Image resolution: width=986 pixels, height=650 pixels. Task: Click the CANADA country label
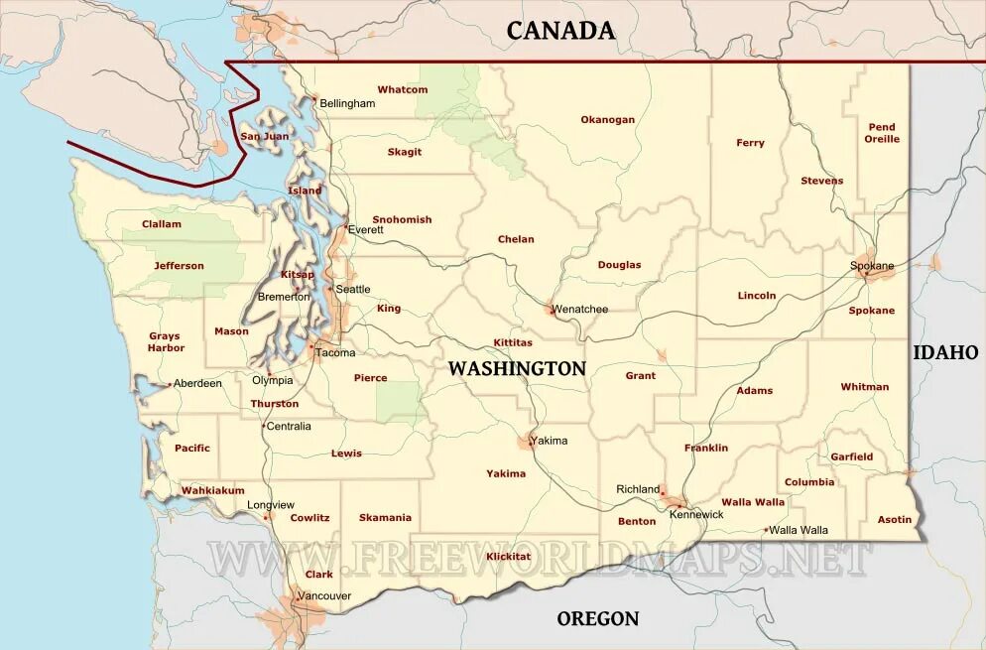(x=560, y=31)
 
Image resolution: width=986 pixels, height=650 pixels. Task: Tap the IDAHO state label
(x=945, y=352)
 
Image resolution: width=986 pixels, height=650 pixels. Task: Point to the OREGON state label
(x=597, y=618)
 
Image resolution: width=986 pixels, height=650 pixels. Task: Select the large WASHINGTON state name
(x=517, y=368)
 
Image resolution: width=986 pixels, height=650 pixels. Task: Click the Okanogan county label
(x=607, y=120)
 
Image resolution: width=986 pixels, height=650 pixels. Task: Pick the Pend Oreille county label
(x=882, y=133)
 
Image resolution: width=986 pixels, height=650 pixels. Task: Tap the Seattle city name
(x=353, y=290)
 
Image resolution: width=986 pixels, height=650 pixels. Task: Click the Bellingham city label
(x=347, y=103)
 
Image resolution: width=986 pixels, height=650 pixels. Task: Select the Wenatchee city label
(x=580, y=310)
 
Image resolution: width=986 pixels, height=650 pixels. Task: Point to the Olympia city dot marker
(x=269, y=374)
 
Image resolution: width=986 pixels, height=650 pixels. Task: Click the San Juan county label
(x=265, y=136)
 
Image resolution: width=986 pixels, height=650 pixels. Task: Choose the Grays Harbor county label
(x=166, y=342)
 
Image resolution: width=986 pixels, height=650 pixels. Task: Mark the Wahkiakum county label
(x=212, y=490)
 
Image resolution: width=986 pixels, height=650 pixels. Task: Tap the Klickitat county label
(x=509, y=557)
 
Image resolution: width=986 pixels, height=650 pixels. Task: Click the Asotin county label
(x=894, y=520)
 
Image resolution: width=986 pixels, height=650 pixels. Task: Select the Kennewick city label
(x=696, y=515)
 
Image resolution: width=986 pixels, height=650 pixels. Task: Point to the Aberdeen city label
(x=198, y=383)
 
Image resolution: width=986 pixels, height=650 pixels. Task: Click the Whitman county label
(x=864, y=387)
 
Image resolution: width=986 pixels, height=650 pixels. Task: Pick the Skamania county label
(x=385, y=518)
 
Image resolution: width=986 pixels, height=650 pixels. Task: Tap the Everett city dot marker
(x=345, y=227)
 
